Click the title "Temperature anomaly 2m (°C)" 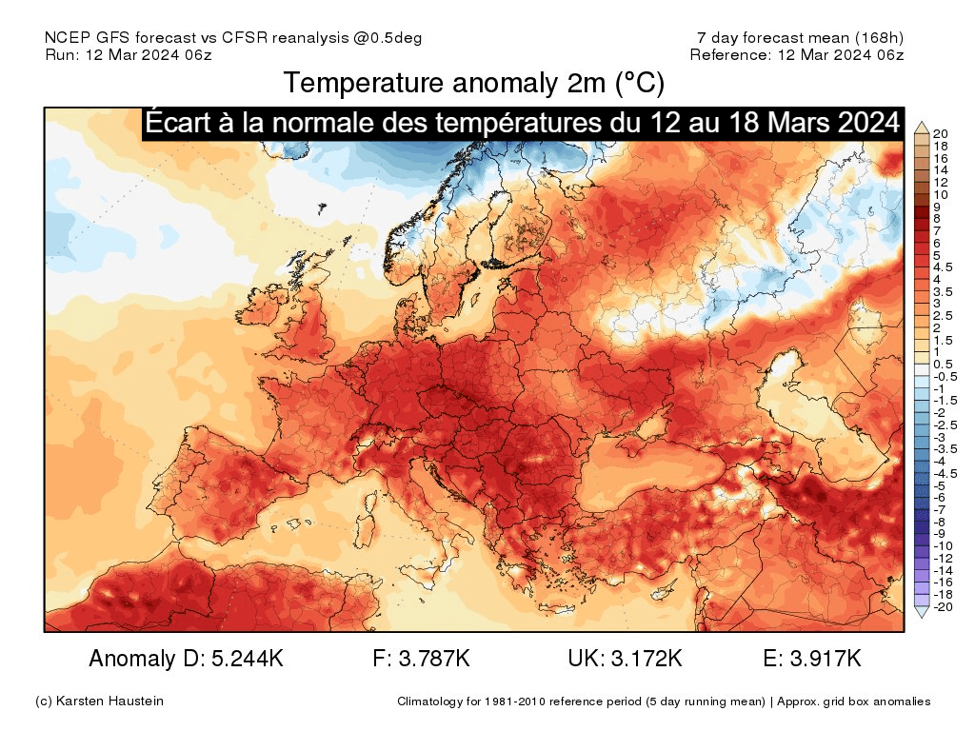tap(473, 84)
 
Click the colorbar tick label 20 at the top tap(942, 133)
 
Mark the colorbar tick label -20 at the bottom tap(943, 606)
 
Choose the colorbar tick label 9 tap(938, 207)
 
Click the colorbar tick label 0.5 tap(942, 365)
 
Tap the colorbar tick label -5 tap(940, 485)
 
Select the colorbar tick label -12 tap(943, 558)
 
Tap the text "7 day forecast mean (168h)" tap(800, 37)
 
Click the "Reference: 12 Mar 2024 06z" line tap(797, 54)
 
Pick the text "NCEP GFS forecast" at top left tap(118, 37)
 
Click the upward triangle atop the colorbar tap(921, 127)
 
